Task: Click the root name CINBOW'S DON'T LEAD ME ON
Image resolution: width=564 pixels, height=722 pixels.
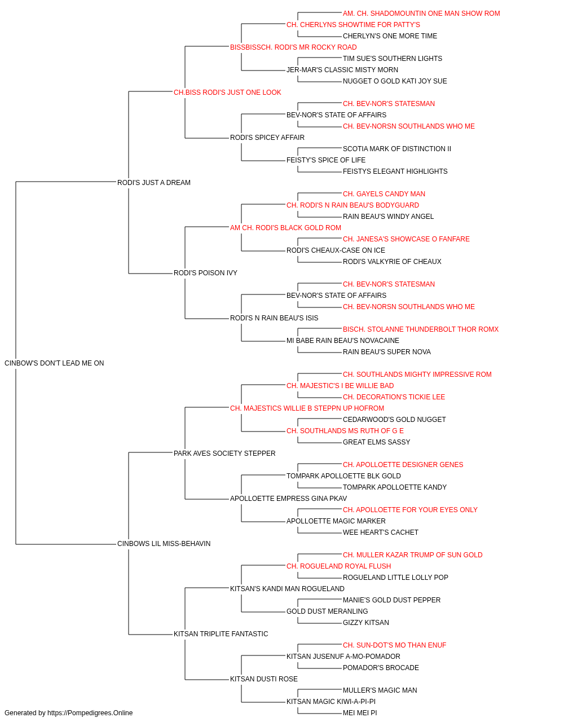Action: [54, 363]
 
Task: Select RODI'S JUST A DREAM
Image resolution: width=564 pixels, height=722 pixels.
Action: [154, 183]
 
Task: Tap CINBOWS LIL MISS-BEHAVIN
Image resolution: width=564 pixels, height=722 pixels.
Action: [164, 544]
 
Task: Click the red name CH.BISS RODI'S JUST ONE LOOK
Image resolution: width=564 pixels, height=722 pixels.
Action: [227, 93]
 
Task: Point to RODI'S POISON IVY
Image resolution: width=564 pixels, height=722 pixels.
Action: [205, 273]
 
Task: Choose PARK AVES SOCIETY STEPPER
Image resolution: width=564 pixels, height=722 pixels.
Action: [224, 454]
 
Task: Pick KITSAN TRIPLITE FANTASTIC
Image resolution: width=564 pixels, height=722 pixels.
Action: [221, 634]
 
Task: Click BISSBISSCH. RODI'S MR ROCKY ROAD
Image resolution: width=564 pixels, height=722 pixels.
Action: [293, 47]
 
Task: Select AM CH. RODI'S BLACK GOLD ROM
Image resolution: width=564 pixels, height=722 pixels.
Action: [285, 228]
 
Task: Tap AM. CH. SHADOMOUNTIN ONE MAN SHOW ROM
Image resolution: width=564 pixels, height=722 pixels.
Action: [421, 14]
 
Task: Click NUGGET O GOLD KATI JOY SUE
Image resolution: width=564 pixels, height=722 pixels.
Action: [395, 81]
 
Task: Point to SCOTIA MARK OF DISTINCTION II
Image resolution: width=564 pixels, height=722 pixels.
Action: [397, 149]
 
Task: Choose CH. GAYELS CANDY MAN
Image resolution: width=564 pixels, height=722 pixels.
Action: [384, 194]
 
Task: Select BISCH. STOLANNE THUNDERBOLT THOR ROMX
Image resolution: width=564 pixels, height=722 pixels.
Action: [421, 329]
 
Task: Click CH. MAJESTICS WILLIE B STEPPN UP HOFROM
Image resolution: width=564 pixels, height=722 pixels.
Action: [307, 408]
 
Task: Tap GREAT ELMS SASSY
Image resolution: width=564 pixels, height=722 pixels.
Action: [376, 442]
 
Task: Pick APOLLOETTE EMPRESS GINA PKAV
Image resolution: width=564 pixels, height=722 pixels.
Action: [288, 499]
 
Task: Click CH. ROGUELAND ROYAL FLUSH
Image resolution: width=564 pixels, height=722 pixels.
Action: [339, 566]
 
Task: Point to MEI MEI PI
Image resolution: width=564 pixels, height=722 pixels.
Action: [360, 713]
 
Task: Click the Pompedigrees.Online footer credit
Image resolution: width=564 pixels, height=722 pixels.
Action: [68, 713]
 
